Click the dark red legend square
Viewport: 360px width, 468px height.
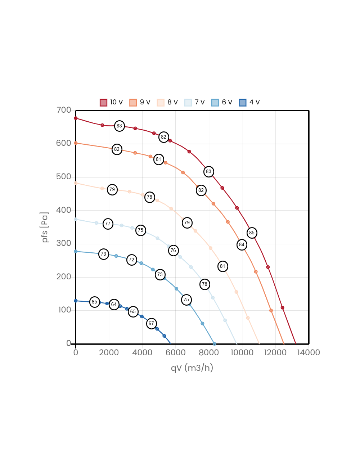pos(103,103)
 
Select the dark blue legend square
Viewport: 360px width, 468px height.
pos(243,103)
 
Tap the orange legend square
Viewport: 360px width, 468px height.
pos(133,103)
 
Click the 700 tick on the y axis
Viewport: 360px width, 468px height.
pos(64,110)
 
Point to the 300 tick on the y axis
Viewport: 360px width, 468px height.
pos(64,243)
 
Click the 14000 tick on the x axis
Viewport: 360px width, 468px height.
pos(309,352)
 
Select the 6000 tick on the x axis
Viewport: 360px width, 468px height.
pos(175,352)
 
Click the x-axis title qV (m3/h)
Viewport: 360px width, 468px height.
pos(192,368)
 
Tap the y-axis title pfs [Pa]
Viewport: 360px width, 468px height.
pos(45,227)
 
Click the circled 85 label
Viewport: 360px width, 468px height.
pos(252,233)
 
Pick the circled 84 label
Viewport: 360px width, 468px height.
pos(242,244)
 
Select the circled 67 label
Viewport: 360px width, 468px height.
pos(151,323)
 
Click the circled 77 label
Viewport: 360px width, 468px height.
pos(108,224)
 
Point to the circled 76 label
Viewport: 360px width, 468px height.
pos(173,250)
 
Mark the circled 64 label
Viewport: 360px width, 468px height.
pos(114,304)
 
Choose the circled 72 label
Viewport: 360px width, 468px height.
pos(131,260)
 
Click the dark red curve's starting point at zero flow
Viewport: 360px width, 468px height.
pos(76,118)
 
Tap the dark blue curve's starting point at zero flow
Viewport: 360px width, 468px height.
pos(76,301)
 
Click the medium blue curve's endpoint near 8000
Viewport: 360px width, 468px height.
pos(214,344)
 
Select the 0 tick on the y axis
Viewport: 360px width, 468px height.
pos(68,343)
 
